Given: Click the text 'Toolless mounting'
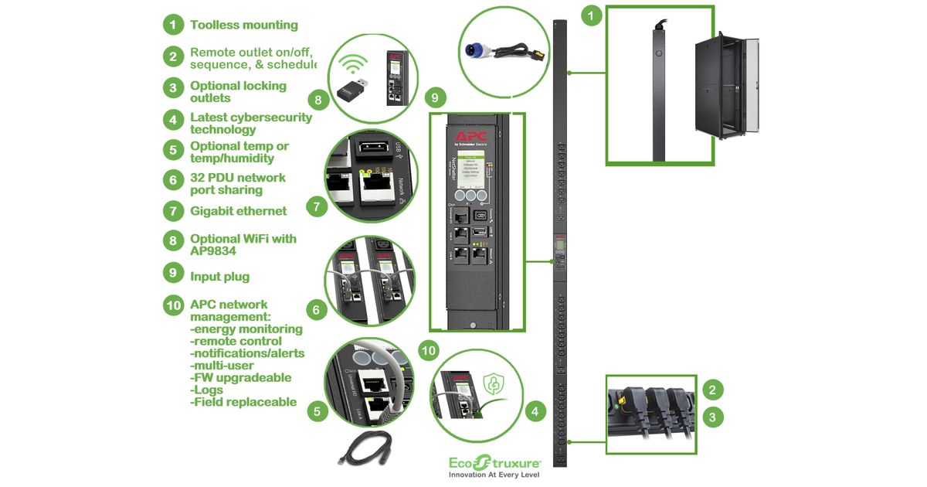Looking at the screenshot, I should click(x=243, y=25).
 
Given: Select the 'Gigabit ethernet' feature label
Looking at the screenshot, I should click(x=238, y=210).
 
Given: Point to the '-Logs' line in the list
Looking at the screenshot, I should click(x=209, y=390).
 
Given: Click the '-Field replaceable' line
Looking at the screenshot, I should click(x=243, y=402).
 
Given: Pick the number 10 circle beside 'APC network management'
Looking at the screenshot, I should click(x=174, y=305).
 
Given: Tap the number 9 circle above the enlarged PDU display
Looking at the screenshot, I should click(x=434, y=97).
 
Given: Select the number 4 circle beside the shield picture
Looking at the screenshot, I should click(x=532, y=411).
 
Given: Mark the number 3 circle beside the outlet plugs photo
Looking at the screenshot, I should click(x=713, y=417).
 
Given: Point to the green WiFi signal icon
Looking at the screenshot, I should click(x=355, y=63).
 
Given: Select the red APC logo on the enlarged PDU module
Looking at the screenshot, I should click(x=470, y=137).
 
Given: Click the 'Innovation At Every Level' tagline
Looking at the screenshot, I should click(x=494, y=474).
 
